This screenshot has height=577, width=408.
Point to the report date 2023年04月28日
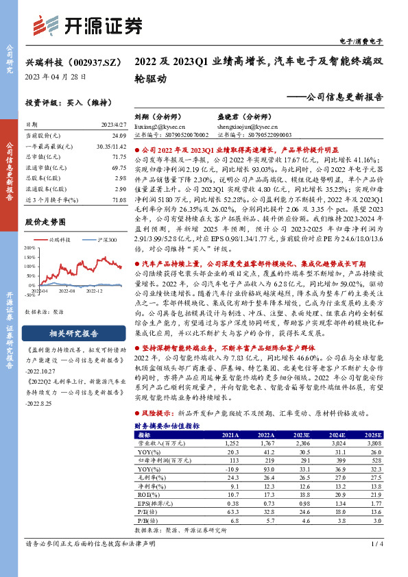pos(57,76)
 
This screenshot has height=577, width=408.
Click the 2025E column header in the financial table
pos(374,434)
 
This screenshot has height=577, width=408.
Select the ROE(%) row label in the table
pos(147,494)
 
